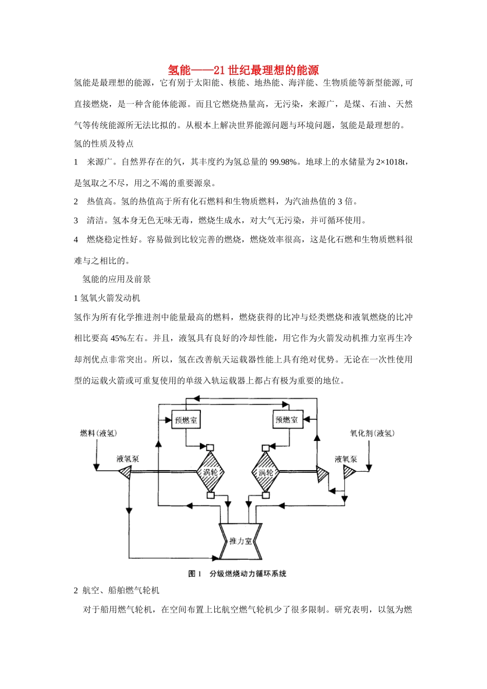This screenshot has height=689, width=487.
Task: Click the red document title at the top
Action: [243, 70]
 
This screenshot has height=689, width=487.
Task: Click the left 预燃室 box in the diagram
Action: [186, 420]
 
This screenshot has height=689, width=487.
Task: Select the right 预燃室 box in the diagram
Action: [287, 419]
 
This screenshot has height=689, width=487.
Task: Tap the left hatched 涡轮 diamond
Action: [210, 472]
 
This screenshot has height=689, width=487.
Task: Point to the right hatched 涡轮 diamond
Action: [265, 472]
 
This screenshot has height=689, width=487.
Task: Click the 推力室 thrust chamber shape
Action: [240, 541]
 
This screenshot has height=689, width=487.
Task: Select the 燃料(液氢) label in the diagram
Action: [99, 433]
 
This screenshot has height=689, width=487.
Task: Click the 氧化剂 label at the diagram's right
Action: [372, 433]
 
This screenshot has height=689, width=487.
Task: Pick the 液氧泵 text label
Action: [346, 459]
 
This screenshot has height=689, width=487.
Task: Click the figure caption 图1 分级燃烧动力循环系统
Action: [237, 574]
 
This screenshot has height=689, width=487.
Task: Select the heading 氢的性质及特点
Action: [104, 144]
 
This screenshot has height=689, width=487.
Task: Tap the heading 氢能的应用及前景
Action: [117, 279]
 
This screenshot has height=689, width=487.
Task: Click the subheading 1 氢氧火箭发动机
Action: [107, 298]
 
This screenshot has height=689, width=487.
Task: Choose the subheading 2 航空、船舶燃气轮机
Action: [117, 591]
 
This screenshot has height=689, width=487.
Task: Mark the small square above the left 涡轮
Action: [210, 446]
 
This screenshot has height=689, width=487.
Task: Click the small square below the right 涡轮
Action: [266, 495]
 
